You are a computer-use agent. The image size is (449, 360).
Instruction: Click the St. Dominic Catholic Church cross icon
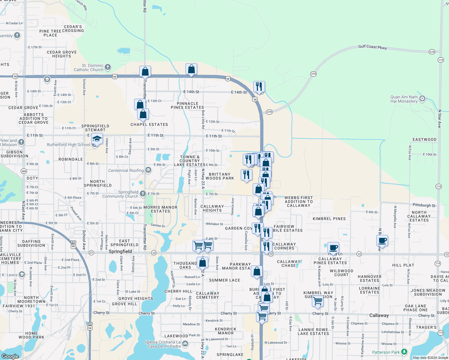(x=108, y=67)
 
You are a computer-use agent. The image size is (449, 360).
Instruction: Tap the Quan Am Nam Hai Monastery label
(x=404, y=99)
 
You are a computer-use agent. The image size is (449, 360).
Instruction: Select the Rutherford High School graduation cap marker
(x=97, y=139)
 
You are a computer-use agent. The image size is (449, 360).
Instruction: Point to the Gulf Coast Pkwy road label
(x=372, y=47)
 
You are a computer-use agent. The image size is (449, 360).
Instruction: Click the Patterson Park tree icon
(x=404, y=352)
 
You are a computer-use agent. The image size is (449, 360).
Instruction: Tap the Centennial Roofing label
(x=126, y=170)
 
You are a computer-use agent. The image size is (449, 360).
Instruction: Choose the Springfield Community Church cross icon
(x=143, y=194)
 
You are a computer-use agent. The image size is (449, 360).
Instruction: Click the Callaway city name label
(x=379, y=315)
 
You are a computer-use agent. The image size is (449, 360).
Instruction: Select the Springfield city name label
(x=120, y=251)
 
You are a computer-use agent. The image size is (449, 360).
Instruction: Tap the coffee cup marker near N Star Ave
(x=382, y=240)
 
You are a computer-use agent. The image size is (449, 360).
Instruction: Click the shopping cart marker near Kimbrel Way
(x=318, y=301)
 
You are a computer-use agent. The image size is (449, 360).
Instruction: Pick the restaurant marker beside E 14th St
(x=259, y=87)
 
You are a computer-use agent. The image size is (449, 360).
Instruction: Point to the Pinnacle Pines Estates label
(x=187, y=105)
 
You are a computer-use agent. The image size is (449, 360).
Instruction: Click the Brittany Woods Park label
(x=220, y=176)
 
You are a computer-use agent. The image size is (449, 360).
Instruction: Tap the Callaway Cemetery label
(x=207, y=295)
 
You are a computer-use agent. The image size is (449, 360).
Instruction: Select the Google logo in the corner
(x=10, y=356)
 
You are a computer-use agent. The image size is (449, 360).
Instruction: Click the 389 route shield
(x=24, y=171)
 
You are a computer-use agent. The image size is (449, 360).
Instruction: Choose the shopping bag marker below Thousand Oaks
(x=202, y=262)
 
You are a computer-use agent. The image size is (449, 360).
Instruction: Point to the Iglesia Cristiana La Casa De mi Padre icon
(x=185, y=344)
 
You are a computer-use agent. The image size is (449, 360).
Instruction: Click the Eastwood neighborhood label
(x=424, y=139)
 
